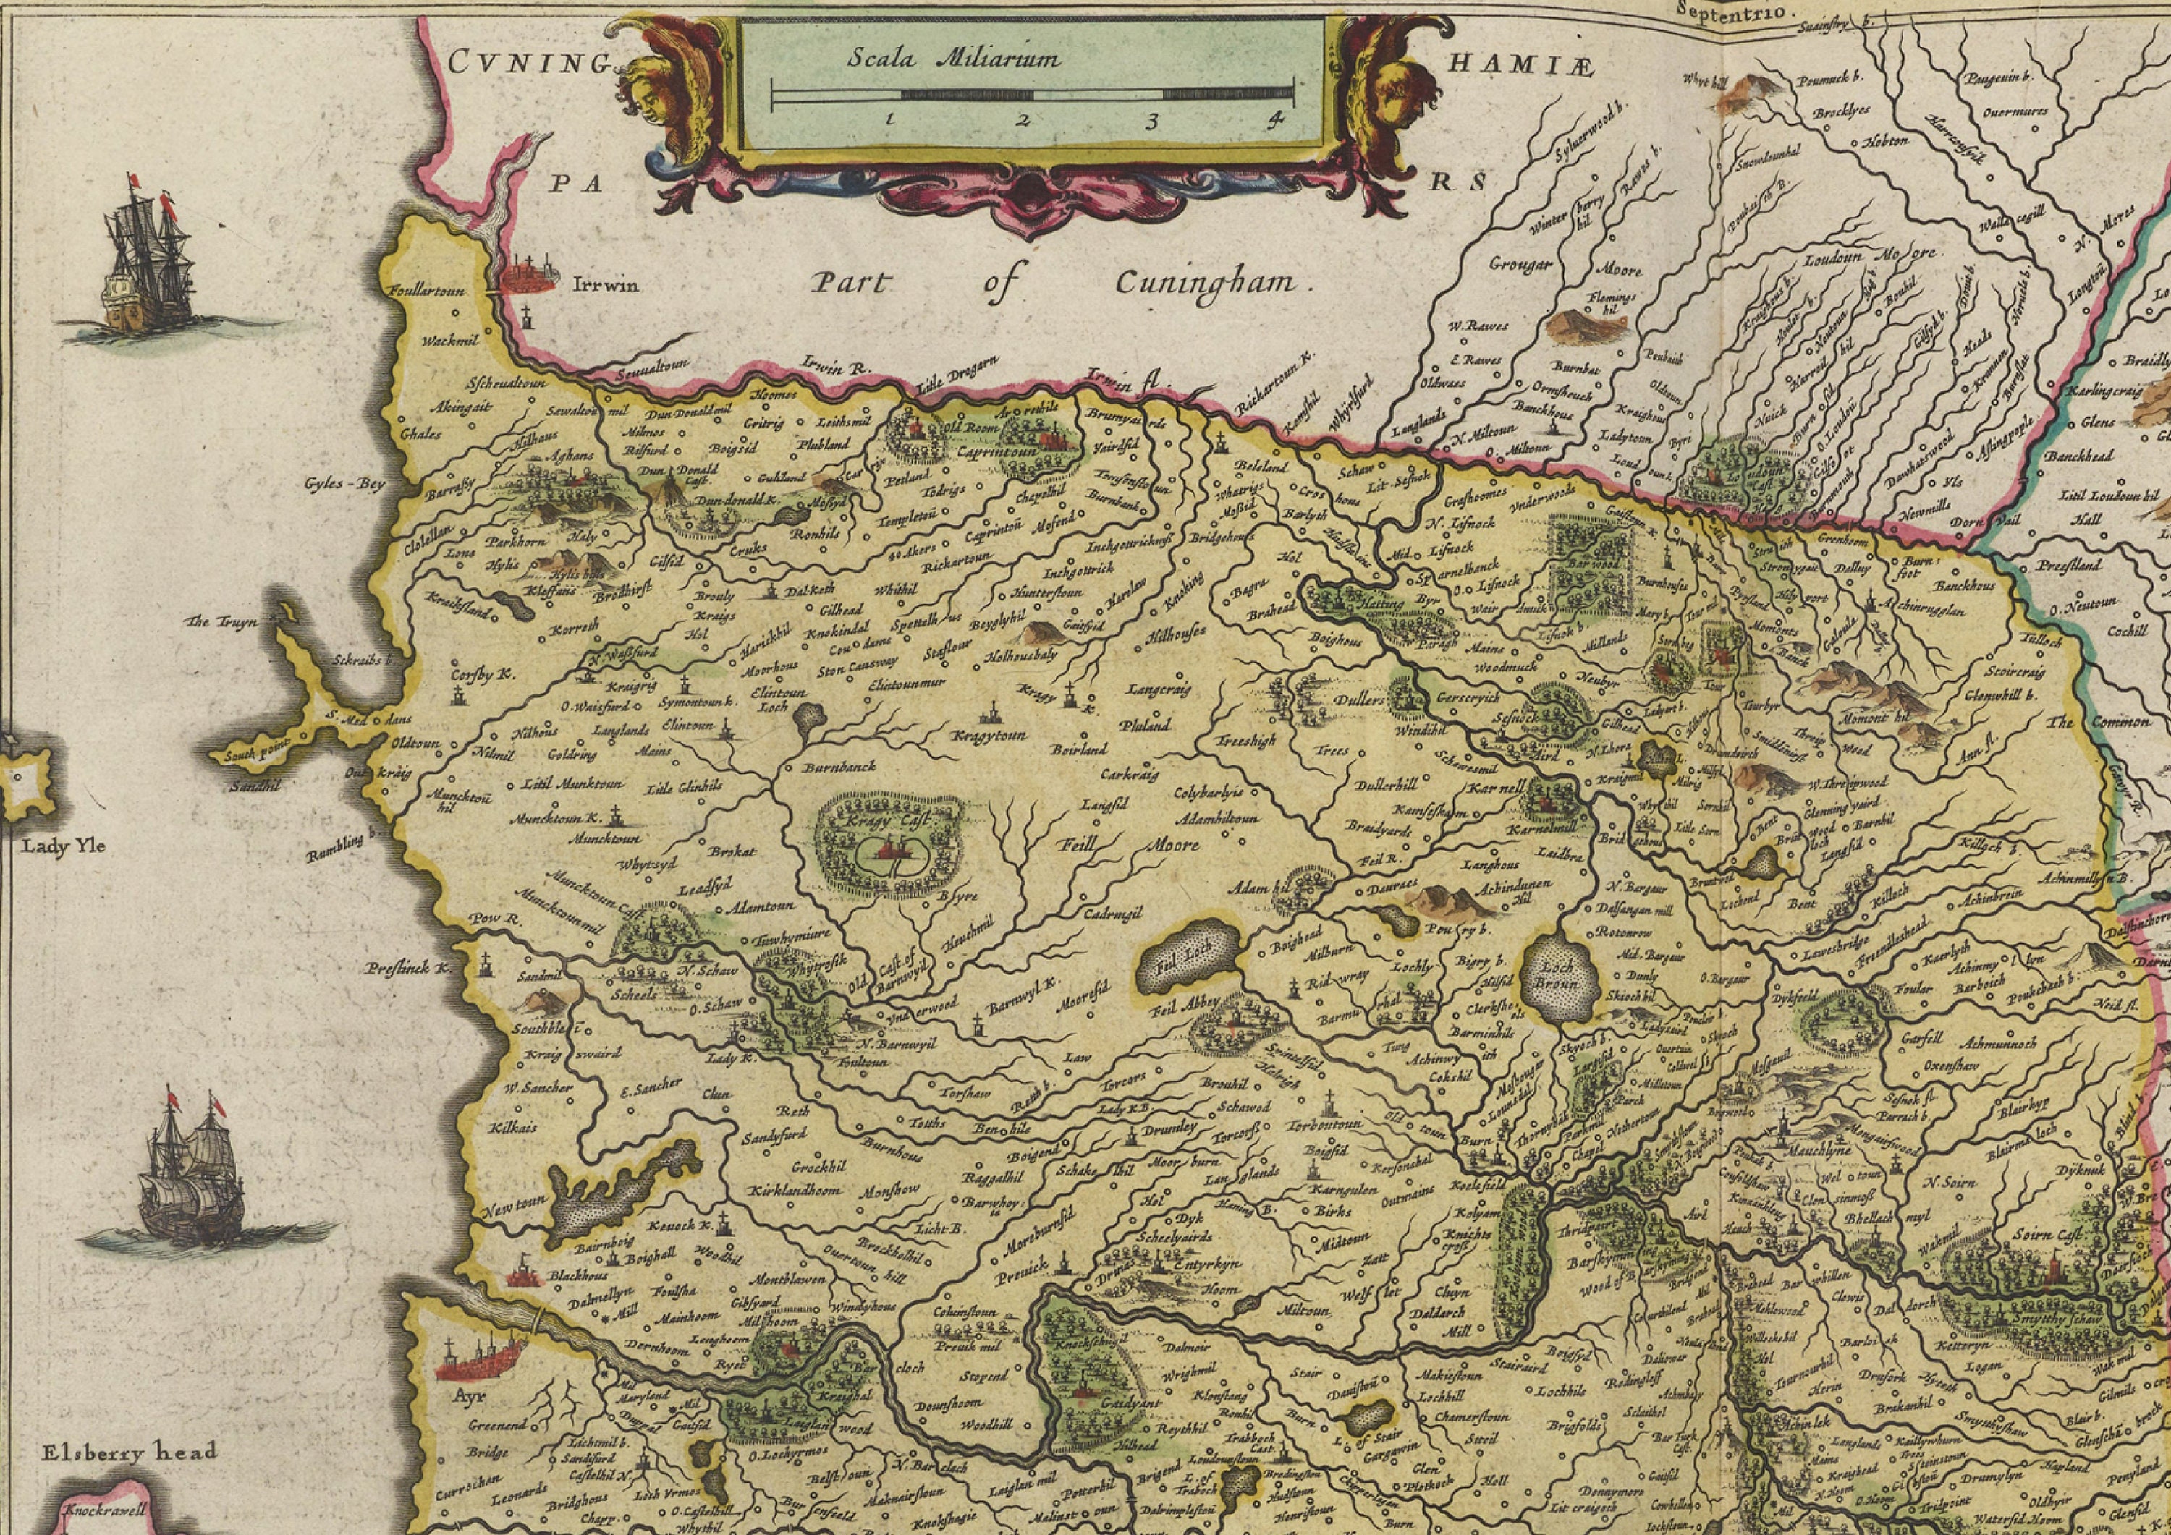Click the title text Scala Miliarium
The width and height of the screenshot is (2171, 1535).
[x=952, y=58]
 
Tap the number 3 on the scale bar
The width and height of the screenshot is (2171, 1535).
[x=1151, y=121]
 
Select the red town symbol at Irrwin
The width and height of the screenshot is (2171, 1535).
[x=530, y=274]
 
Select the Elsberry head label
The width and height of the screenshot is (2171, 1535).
[x=130, y=1452]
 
